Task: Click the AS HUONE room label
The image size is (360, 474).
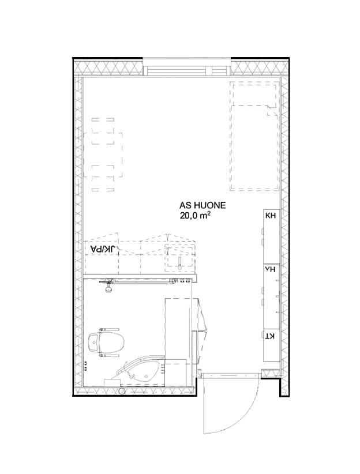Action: point(202,205)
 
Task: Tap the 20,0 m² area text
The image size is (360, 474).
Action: point(195,216)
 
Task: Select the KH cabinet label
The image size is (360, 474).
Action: point(271,216)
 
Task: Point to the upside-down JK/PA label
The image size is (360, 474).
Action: point(103,249)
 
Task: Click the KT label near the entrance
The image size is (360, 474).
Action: point(270,336)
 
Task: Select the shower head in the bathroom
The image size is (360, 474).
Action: point(108,289)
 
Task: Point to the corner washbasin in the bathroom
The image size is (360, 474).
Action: point(142,371)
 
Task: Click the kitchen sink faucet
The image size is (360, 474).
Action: point(179,264)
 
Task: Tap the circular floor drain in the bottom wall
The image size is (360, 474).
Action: point(122,391)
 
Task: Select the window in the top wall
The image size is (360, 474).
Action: point(187,67)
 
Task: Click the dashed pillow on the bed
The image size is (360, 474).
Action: point(254,95)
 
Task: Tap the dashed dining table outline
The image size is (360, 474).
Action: point(103,155)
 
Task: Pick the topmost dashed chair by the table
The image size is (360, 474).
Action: point(103,120)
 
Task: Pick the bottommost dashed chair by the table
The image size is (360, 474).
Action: point(103,190)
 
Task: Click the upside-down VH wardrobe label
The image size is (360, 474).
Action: point(270,269)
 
